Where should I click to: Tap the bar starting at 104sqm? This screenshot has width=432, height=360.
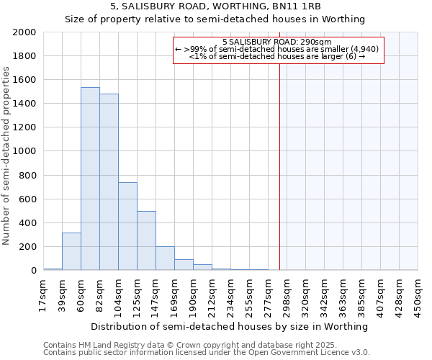pos(127,226)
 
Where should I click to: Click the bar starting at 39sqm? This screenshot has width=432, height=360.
pos(71,251)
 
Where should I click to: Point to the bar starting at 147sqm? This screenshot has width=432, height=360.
pos(165,258)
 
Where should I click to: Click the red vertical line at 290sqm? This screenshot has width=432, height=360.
pos(279,158)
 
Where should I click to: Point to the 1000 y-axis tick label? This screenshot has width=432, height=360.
pos(24,151)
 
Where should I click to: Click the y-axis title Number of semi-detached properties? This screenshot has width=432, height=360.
pos(6,155)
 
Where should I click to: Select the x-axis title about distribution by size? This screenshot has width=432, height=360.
pos(230,326)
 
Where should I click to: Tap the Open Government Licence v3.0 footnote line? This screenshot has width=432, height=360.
pos(207,353)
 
